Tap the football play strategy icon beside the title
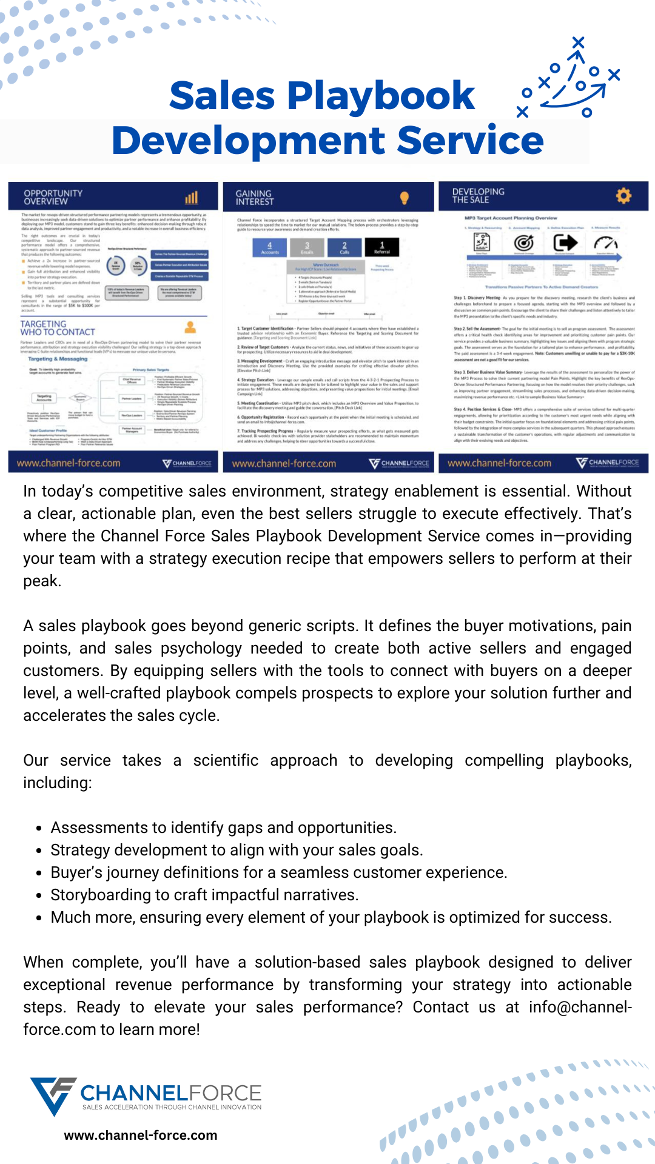tap(569, 79)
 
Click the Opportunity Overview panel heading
tap(53, 197)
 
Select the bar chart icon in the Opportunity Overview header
tap(192, 198)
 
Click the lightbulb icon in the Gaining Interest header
tap(405, 198)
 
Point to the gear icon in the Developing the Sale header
tap(623, 195)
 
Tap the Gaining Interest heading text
tap(255, 198)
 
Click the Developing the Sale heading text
tap(478, 195)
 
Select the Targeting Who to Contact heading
tap(58, 328)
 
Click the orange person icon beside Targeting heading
tap(190, 327)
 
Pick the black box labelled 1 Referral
tap(382, 247)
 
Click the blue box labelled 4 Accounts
tap(270, 247)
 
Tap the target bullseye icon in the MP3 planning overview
tap(523, 243)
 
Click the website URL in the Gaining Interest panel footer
tap(284, 464)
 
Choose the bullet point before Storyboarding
tap(39, 896)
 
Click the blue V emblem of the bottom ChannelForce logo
tap(53, 1095)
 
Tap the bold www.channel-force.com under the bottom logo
tap(141, 1136)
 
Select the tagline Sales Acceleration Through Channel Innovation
tap(172, 1107)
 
